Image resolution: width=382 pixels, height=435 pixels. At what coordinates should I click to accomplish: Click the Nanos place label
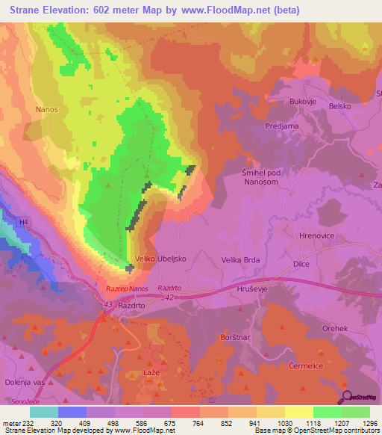coord(46,109)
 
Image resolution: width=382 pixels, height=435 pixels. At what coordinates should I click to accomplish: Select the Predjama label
coord(282,126)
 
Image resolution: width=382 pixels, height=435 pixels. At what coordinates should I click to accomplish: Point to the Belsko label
coord(340,107)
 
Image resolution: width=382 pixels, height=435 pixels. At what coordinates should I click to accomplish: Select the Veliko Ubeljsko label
coord(159,259)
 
